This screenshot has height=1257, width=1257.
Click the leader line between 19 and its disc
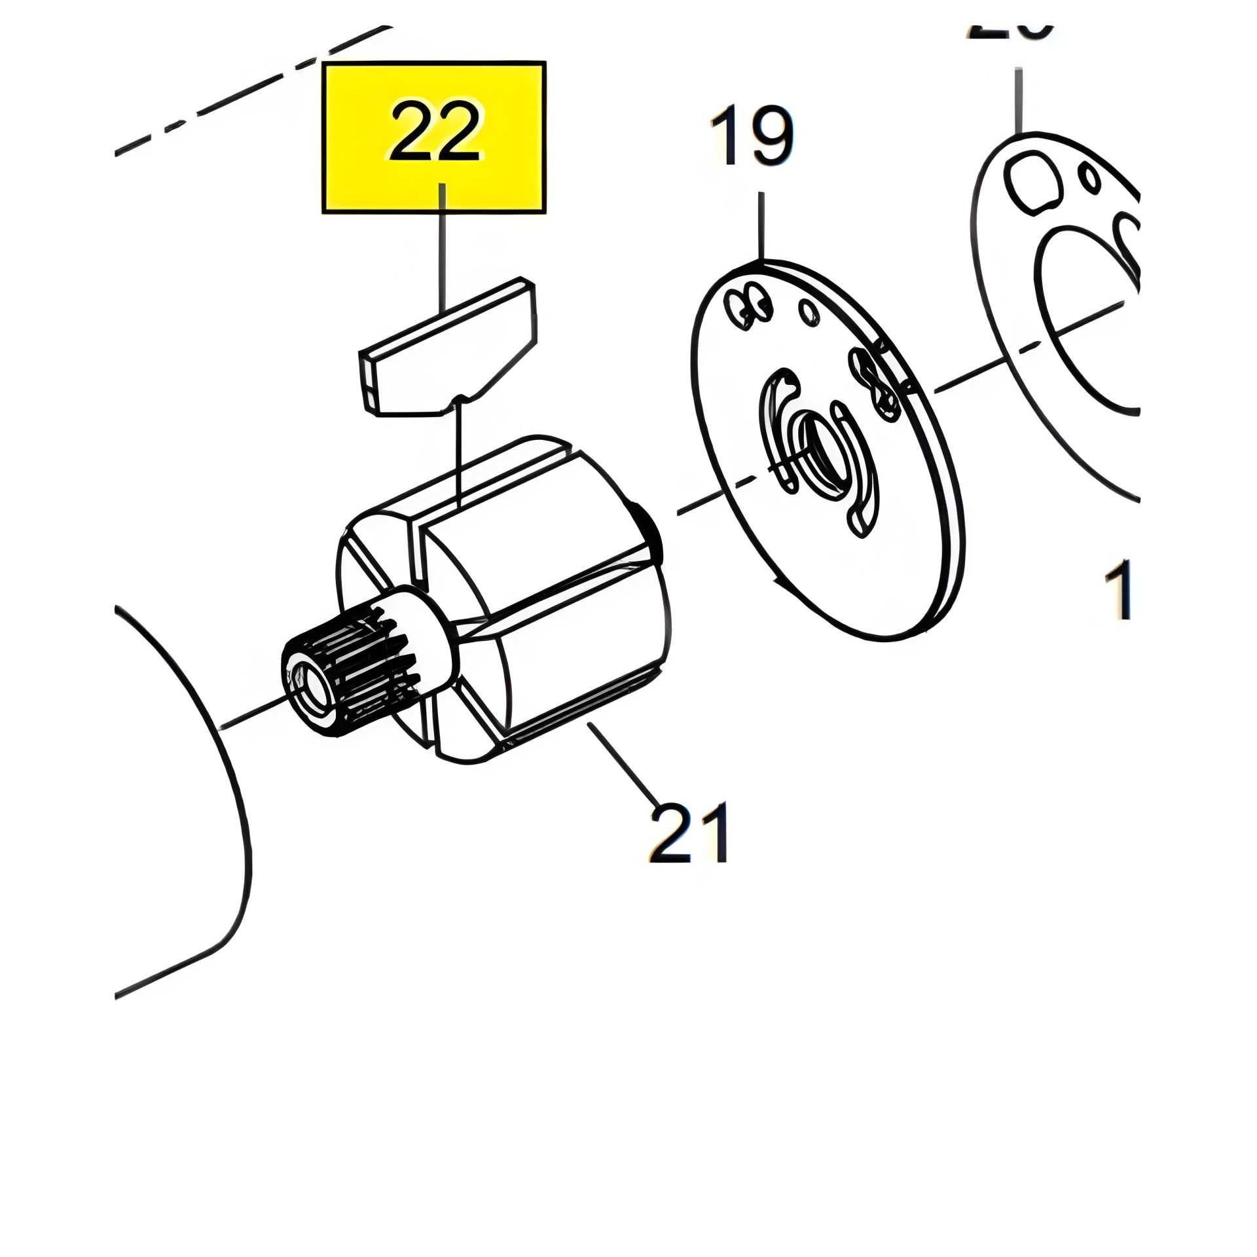pyautogui.click(x=761, y=226)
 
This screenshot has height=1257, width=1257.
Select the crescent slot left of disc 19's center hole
pyautogui.click(x=773, y=432)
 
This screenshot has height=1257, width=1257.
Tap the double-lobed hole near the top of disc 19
pyautogui.click(x=749, y=304)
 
